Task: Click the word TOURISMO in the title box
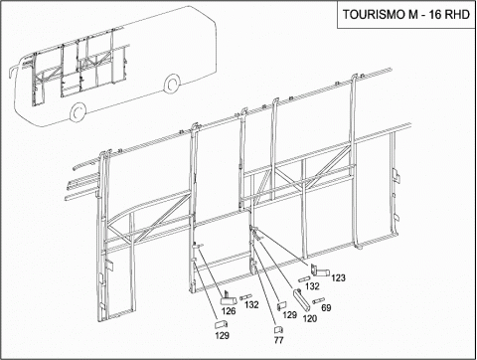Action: pyautogui.click(x=373, y=15)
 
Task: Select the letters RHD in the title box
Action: pyautogui.click(x=458, y=15)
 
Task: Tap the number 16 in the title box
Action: pyautogui.click(x=435, y=15)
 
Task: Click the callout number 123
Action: pyautogui.click(x=338, y=277)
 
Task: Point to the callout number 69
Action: pyautogui.click(x=326, y=307)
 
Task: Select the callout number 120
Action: pyautogui.click(x=310, y=318)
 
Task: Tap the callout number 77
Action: pyautogui.click(x=279, y=340)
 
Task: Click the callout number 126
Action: pyautogui.click(x=229, y=311)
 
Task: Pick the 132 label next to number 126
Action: pyautogui.click(x=251, y=304)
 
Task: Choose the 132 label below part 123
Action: pyautogui.click(x=312, y=285)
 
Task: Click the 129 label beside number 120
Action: pyautogui.click(x=290, y=314)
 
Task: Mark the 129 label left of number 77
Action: pyautogui.click(x=223, y=335)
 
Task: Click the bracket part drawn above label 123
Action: pyautogui.click(x=319, y=270)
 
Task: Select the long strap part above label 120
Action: pyautogui.click(x=300, y=299)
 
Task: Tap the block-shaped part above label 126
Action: pyautogui.click(x=229, y=299)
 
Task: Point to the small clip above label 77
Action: pyautogui.click(x=278, y=330)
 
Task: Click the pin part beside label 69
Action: pyautogui.click(x=318, y=301)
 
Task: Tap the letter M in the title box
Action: pyautogui.click(x=412, y=15)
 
